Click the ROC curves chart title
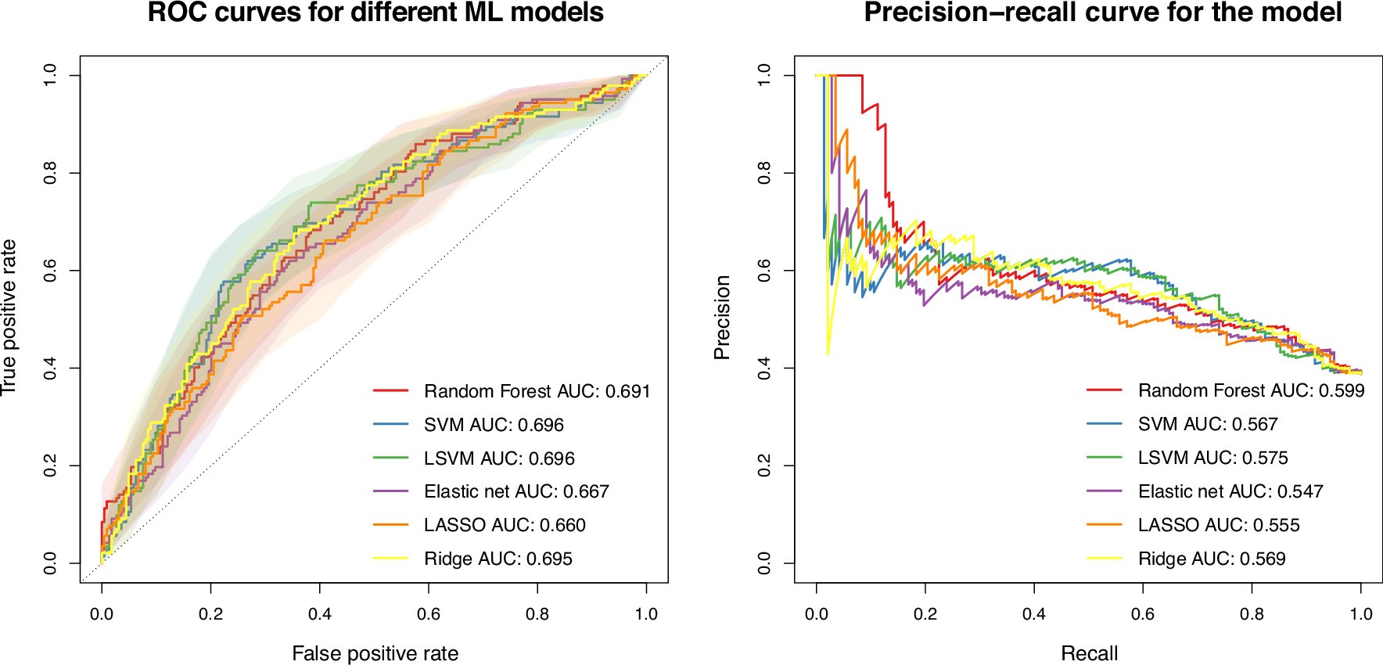click(375, 13)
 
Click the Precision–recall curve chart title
click(1102, 13)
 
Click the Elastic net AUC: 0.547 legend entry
click(1230, 491)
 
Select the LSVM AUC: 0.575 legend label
click(1212, 458)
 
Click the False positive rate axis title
click(375, 653)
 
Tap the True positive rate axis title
click(9, 318)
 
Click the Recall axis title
click(1089, 653)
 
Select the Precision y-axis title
click(722, 318)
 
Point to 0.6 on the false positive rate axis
click(429, 614)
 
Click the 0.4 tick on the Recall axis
click(1034, 614)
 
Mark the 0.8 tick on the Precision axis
click(764, 173)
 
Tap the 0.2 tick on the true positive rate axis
click(50, 466)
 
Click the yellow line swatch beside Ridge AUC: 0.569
click(1104, 559)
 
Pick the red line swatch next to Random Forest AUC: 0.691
click(390, 390)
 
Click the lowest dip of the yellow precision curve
click(828, 354)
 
